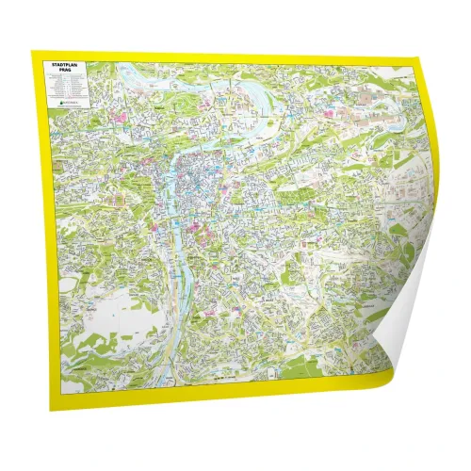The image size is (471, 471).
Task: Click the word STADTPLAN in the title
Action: [x=68, y=66]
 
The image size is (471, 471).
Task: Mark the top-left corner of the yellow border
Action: [x=32, y=52]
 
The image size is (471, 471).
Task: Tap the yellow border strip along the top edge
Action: [x=226, y=58]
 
